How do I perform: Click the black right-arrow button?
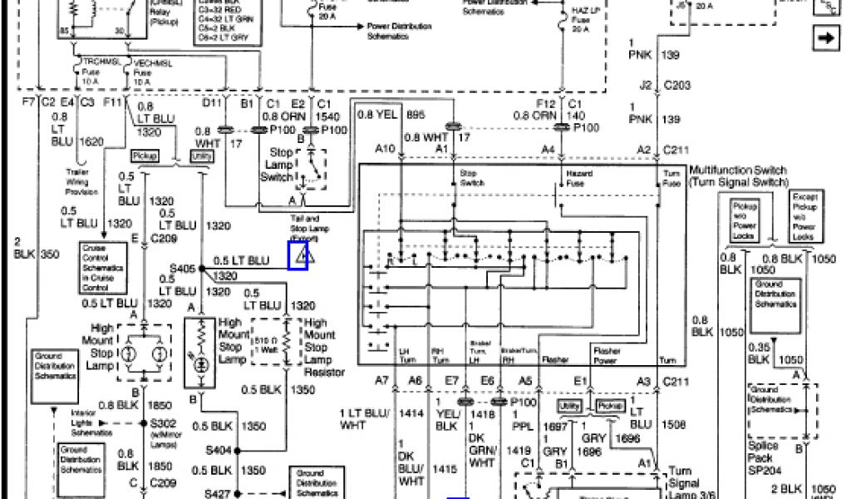(x=826, y=37)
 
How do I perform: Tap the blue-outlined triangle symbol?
(x=298, y=255)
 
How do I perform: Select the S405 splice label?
(x=182, y=268)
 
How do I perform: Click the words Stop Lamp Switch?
(x=278, y=165)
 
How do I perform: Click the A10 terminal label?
(x=384, y=149)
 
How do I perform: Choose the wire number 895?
(x=415, y=114)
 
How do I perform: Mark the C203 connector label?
(x=677, y=84)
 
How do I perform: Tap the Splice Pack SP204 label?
(x=764, y=457)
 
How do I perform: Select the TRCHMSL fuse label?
(x=91, y=62)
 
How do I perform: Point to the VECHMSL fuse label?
(x=142, y=62)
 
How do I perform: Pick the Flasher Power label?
(x=606, y=357)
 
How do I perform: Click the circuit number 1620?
(x=91, y=142)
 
